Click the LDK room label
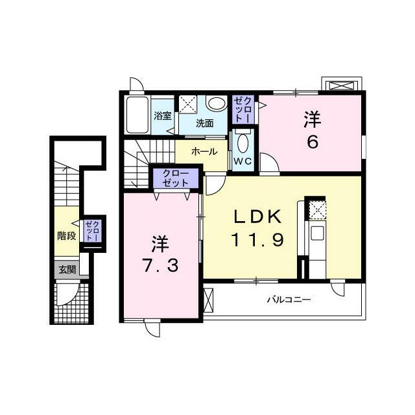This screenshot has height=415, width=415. coord(257,217)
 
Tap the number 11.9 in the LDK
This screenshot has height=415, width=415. coord(257,239)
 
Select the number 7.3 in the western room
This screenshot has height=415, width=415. coord(161,265)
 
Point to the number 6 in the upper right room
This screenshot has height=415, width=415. coord(313,143)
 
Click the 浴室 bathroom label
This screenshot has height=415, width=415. coord(163,116)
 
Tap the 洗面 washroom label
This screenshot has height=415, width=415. coord(205,123)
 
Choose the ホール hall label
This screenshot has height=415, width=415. coord(204,152)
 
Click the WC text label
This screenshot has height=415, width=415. coord(243,161)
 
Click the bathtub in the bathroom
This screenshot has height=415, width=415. coord(137,115)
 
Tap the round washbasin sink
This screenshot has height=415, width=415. coord(217,103)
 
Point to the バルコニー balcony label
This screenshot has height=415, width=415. coord(289,300)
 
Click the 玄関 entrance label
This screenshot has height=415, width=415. coord(67,270)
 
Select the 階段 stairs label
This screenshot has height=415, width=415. coord(67,235)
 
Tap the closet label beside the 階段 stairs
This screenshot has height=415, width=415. coord(92,231)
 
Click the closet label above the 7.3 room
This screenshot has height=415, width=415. coord(176,178)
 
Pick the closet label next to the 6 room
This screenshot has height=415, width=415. coord(243,110)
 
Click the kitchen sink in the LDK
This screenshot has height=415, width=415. coord(316,233)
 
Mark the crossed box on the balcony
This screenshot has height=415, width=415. coord(208,300)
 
